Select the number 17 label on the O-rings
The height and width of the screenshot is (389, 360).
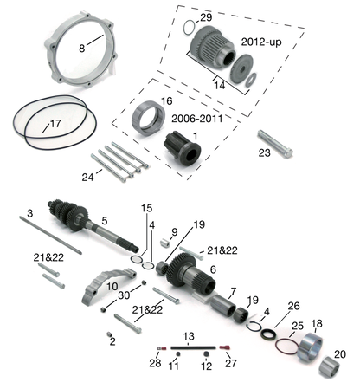[x=55, y=123]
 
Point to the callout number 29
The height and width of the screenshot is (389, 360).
[x=205, y=17]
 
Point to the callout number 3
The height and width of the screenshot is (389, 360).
[x=29, y=213]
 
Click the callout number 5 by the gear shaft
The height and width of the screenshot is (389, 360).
[x=104, y=221]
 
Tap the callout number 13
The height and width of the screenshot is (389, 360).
[x=187, y=335]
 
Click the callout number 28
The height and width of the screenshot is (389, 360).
[x=156, y=364]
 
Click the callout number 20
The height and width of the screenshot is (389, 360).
[x=338, y=353]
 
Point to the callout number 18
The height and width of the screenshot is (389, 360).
[x=316, y=323]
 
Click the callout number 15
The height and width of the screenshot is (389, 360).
[x=146, y=209]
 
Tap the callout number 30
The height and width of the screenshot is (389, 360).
[x=124, y=295]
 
